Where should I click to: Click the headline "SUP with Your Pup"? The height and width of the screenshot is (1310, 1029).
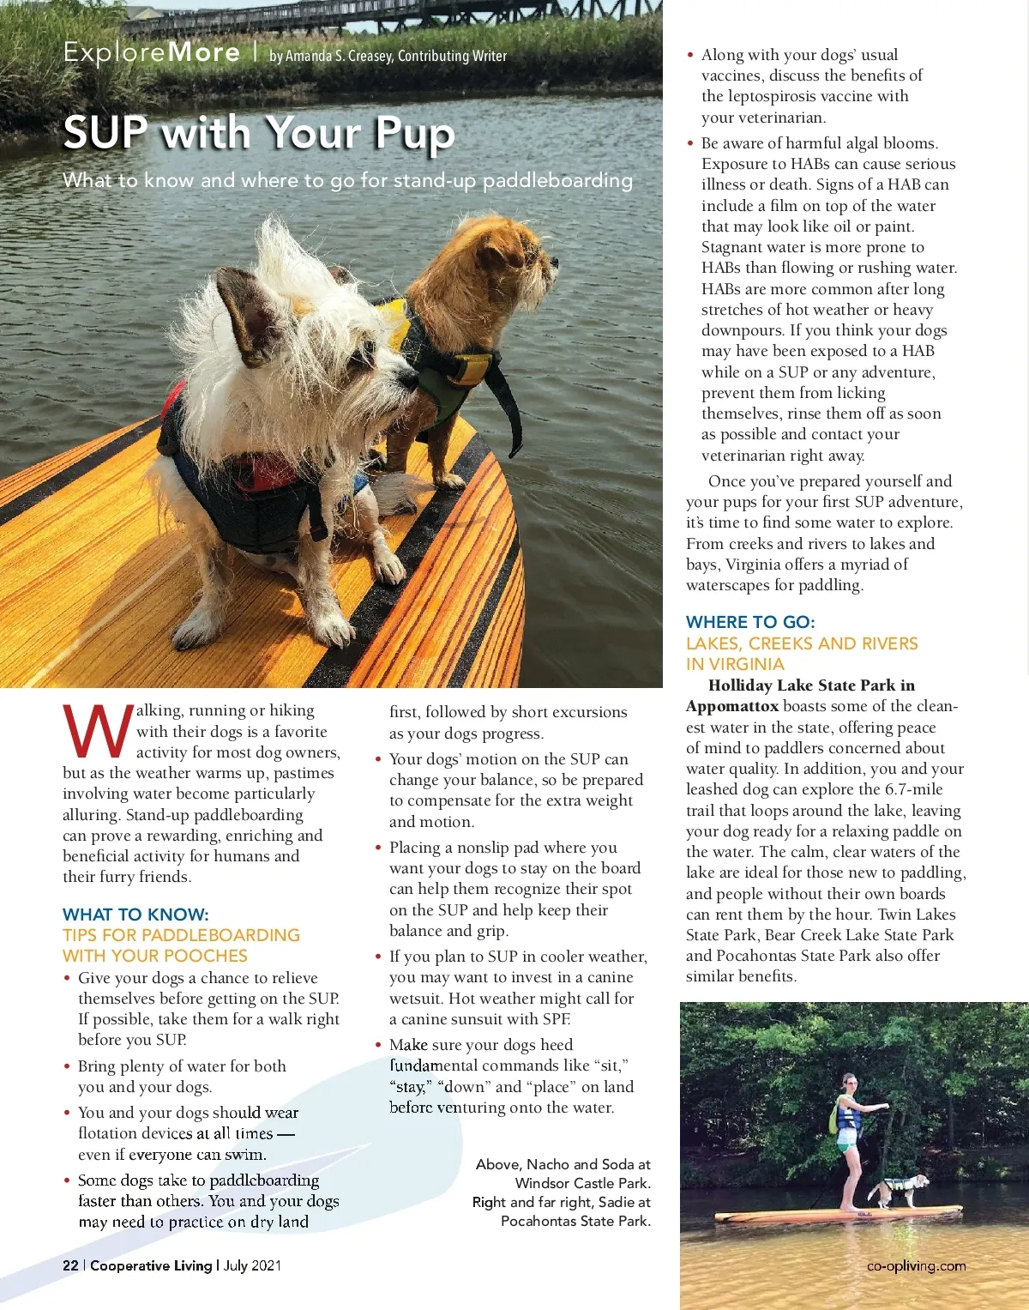[x=258, y=133]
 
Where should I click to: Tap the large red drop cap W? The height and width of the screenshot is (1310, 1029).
[x=98, y=732]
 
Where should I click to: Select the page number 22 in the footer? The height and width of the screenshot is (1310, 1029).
[x=70, y=1265]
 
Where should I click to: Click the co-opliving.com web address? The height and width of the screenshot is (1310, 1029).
[x=916, y=1265]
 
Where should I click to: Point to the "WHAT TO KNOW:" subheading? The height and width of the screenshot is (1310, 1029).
[x=135, y=915]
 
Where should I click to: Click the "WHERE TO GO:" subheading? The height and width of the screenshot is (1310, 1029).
[x=750, y=622]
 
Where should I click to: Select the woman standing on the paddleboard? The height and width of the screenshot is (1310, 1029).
[x=848, y=1141]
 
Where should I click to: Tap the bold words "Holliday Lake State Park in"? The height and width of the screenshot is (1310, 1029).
[x=811, y=685]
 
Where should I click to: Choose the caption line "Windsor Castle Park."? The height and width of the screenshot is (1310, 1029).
[x=582, y=1183]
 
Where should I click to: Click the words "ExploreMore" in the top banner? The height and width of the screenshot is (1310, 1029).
[x=152, y=52]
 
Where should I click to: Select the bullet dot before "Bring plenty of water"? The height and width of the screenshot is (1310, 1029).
[x=67, y=1066]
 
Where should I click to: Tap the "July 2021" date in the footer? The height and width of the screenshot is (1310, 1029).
[x=252, y=1265]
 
